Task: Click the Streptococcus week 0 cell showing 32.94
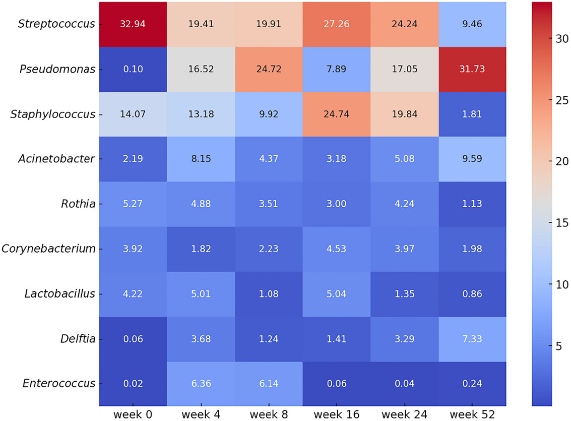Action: point(133,24)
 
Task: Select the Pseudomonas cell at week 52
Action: point(472,69)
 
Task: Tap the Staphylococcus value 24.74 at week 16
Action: point(337,114)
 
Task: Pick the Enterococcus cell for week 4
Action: point(201,383)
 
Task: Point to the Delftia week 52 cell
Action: point(472,338)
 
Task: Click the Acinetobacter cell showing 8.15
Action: point(201,159)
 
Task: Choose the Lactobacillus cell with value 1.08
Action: point(269,293)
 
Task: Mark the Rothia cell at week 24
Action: point(405,204)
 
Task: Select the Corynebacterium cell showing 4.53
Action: point(337,249)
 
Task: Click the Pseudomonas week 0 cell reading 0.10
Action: point(133,69)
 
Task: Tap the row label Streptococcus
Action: point(56,24)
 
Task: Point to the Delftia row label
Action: point(76,338)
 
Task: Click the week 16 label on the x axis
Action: point(337,414)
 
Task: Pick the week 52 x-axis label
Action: point(472,414)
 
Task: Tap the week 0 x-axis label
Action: point(133,414)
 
